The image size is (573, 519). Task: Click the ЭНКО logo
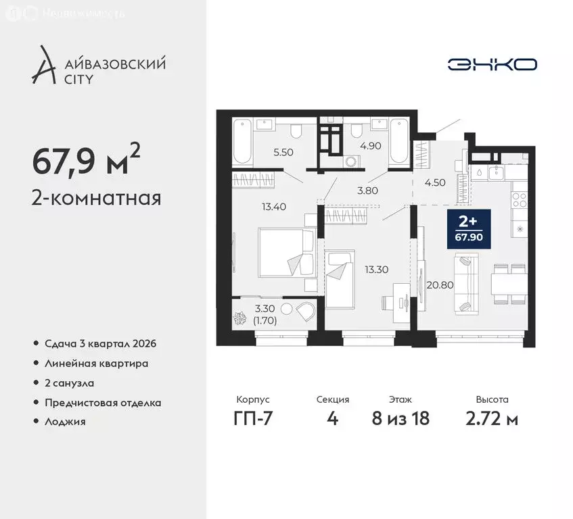click(492, 64)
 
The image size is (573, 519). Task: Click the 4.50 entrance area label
click(434, 181)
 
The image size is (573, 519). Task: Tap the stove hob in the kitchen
click(520, 199)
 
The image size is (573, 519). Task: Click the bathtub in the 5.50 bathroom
click(242, 142)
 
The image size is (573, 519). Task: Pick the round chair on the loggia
click(305, 313)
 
